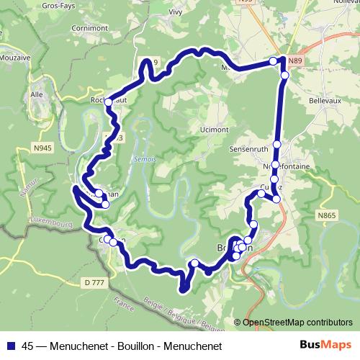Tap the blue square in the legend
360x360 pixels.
[x=10, y=346]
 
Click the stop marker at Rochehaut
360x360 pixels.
[x=109, y=103]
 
